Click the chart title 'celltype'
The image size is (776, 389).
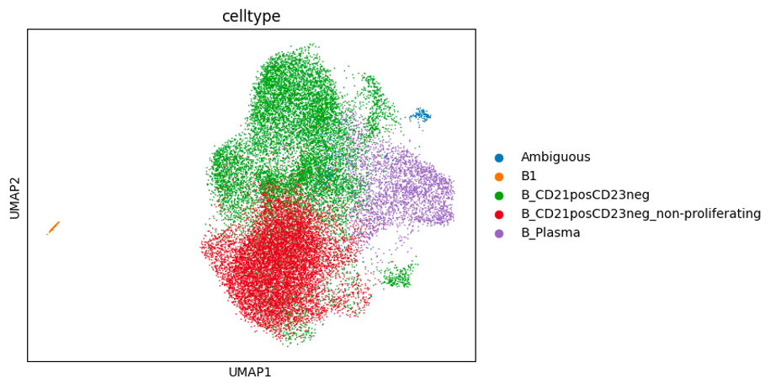[x=251, y=16]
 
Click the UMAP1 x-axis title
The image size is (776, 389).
[x=251, y=371]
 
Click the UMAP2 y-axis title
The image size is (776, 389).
[x=14, y=195]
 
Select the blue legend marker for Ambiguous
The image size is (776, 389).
[x=499, y=157]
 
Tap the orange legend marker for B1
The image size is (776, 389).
[x=499, y=176]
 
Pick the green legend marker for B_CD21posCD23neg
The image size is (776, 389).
[x=499, y=194]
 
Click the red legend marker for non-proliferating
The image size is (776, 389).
[x=499, y=214]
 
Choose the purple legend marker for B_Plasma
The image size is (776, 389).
[x=499, y=232]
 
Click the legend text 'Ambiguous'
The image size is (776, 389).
[x=555, y=157]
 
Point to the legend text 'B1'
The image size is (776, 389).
[x=529, y=176]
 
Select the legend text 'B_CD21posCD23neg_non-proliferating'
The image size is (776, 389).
[x=640, y=214]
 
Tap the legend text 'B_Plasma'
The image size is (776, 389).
[x=550, y=232]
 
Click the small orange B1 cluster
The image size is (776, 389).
[x=53, y=227]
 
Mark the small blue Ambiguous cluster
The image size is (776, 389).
[x=421, y=115]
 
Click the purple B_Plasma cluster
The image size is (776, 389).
[x=408, y=189]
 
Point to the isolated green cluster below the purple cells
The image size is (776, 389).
[x=396, y=276]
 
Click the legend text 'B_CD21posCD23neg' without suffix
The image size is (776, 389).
[x=585, y=194]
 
